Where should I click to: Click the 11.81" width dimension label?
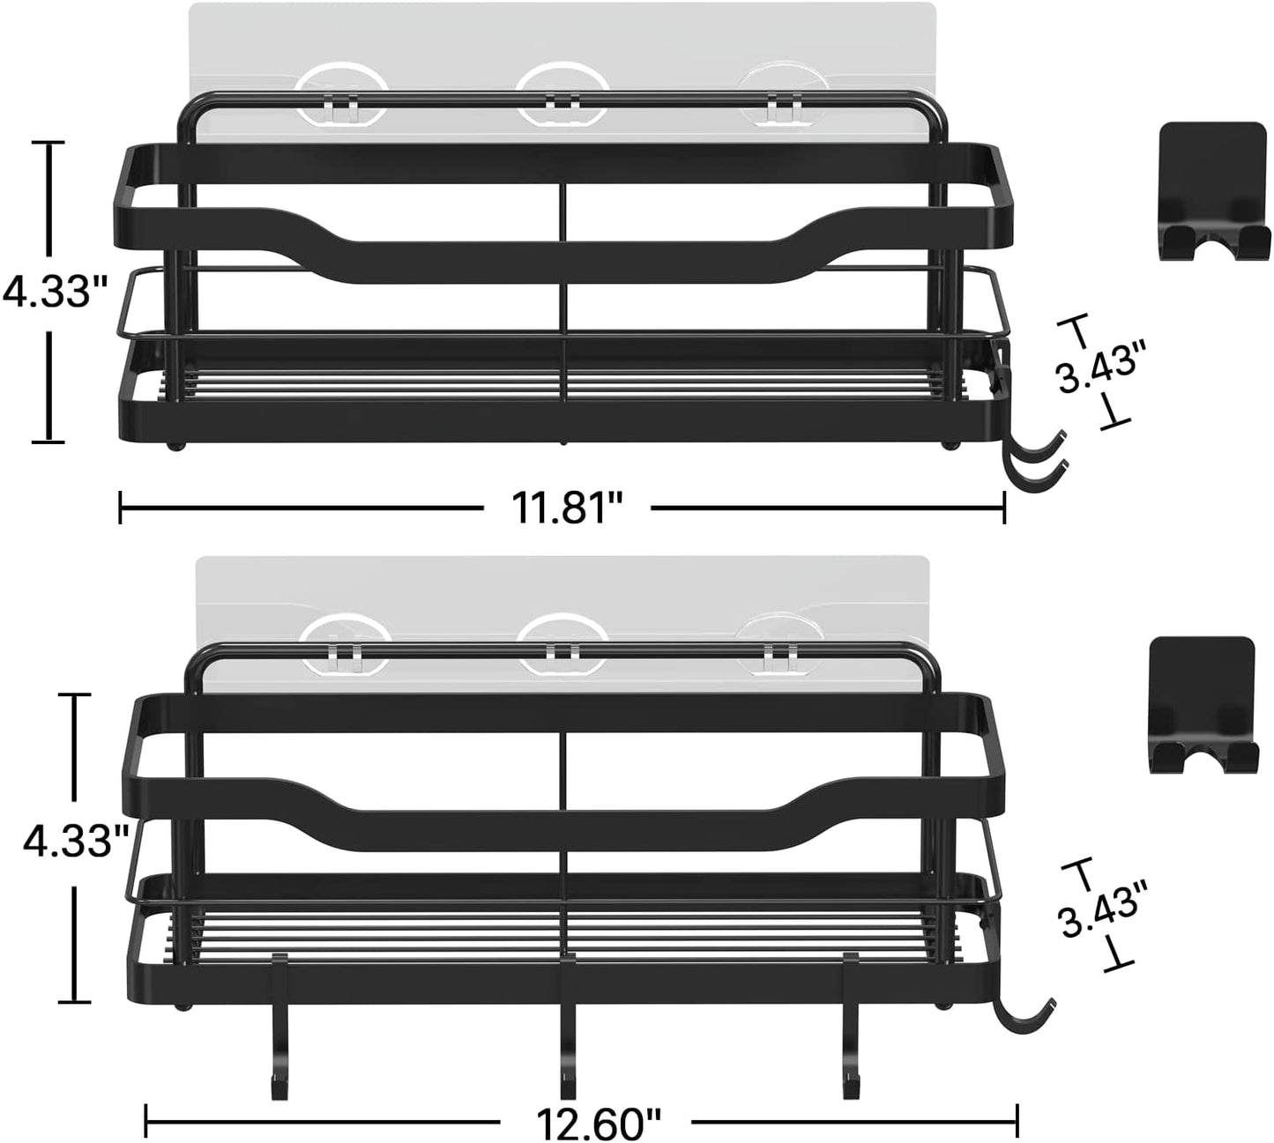point(567,508)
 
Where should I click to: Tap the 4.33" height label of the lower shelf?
point(76,842)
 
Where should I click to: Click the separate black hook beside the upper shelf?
point(1213,191)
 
